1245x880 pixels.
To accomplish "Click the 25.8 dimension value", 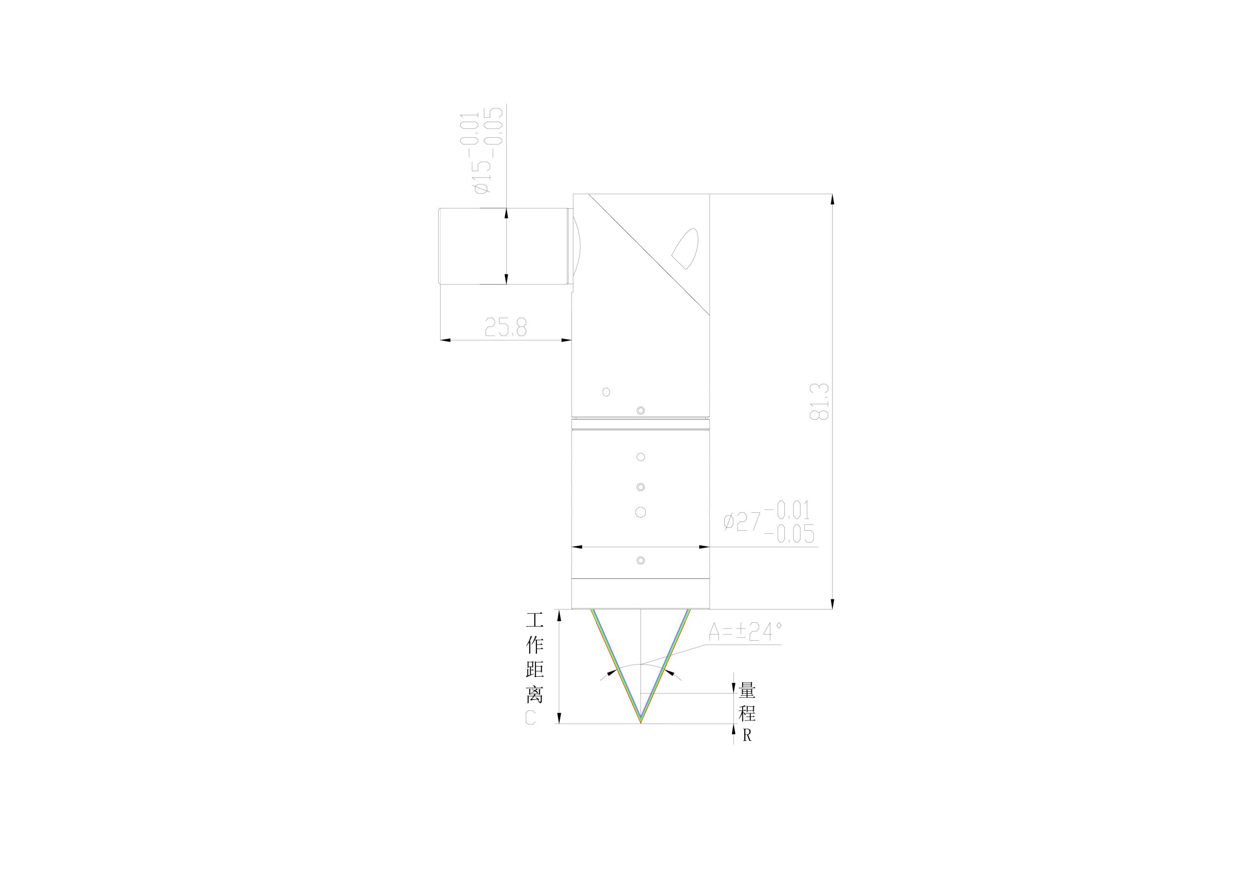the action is point(505,327).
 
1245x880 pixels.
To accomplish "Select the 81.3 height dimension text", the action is point(819,401).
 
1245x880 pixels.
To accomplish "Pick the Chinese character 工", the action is point(534,620).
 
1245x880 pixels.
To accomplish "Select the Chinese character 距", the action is point(534,670).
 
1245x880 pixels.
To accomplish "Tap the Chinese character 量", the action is point(747,691).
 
